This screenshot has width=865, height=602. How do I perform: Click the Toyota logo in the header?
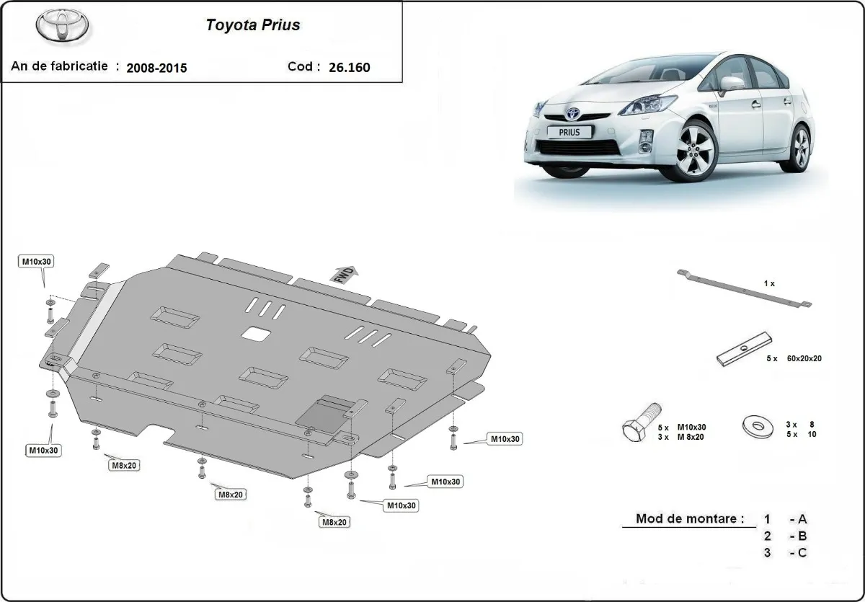point(62,25)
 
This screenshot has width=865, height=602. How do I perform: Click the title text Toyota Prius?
point(253,25)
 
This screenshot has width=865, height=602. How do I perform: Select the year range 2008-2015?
point(156,68)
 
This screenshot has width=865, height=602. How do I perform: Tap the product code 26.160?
point(349,68)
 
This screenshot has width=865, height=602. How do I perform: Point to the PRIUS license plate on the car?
point(569,132)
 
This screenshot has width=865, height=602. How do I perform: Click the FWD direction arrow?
point(344,274)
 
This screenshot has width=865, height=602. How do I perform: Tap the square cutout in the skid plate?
point(256,334)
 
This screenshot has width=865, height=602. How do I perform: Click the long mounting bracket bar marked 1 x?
point(744,289)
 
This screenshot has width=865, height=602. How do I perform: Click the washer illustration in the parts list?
point(758,427)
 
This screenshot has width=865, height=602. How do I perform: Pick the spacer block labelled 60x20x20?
point(744,350)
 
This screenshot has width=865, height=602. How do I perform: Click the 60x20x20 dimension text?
point(804,358)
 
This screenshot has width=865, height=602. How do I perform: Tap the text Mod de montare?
point(690,518)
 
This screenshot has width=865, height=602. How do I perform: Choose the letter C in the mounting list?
point(802,553)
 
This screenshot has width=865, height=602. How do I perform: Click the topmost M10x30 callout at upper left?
point(36,262)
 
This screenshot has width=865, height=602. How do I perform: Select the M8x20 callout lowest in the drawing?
point(334,522)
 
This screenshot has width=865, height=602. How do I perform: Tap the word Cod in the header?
point(300,66)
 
